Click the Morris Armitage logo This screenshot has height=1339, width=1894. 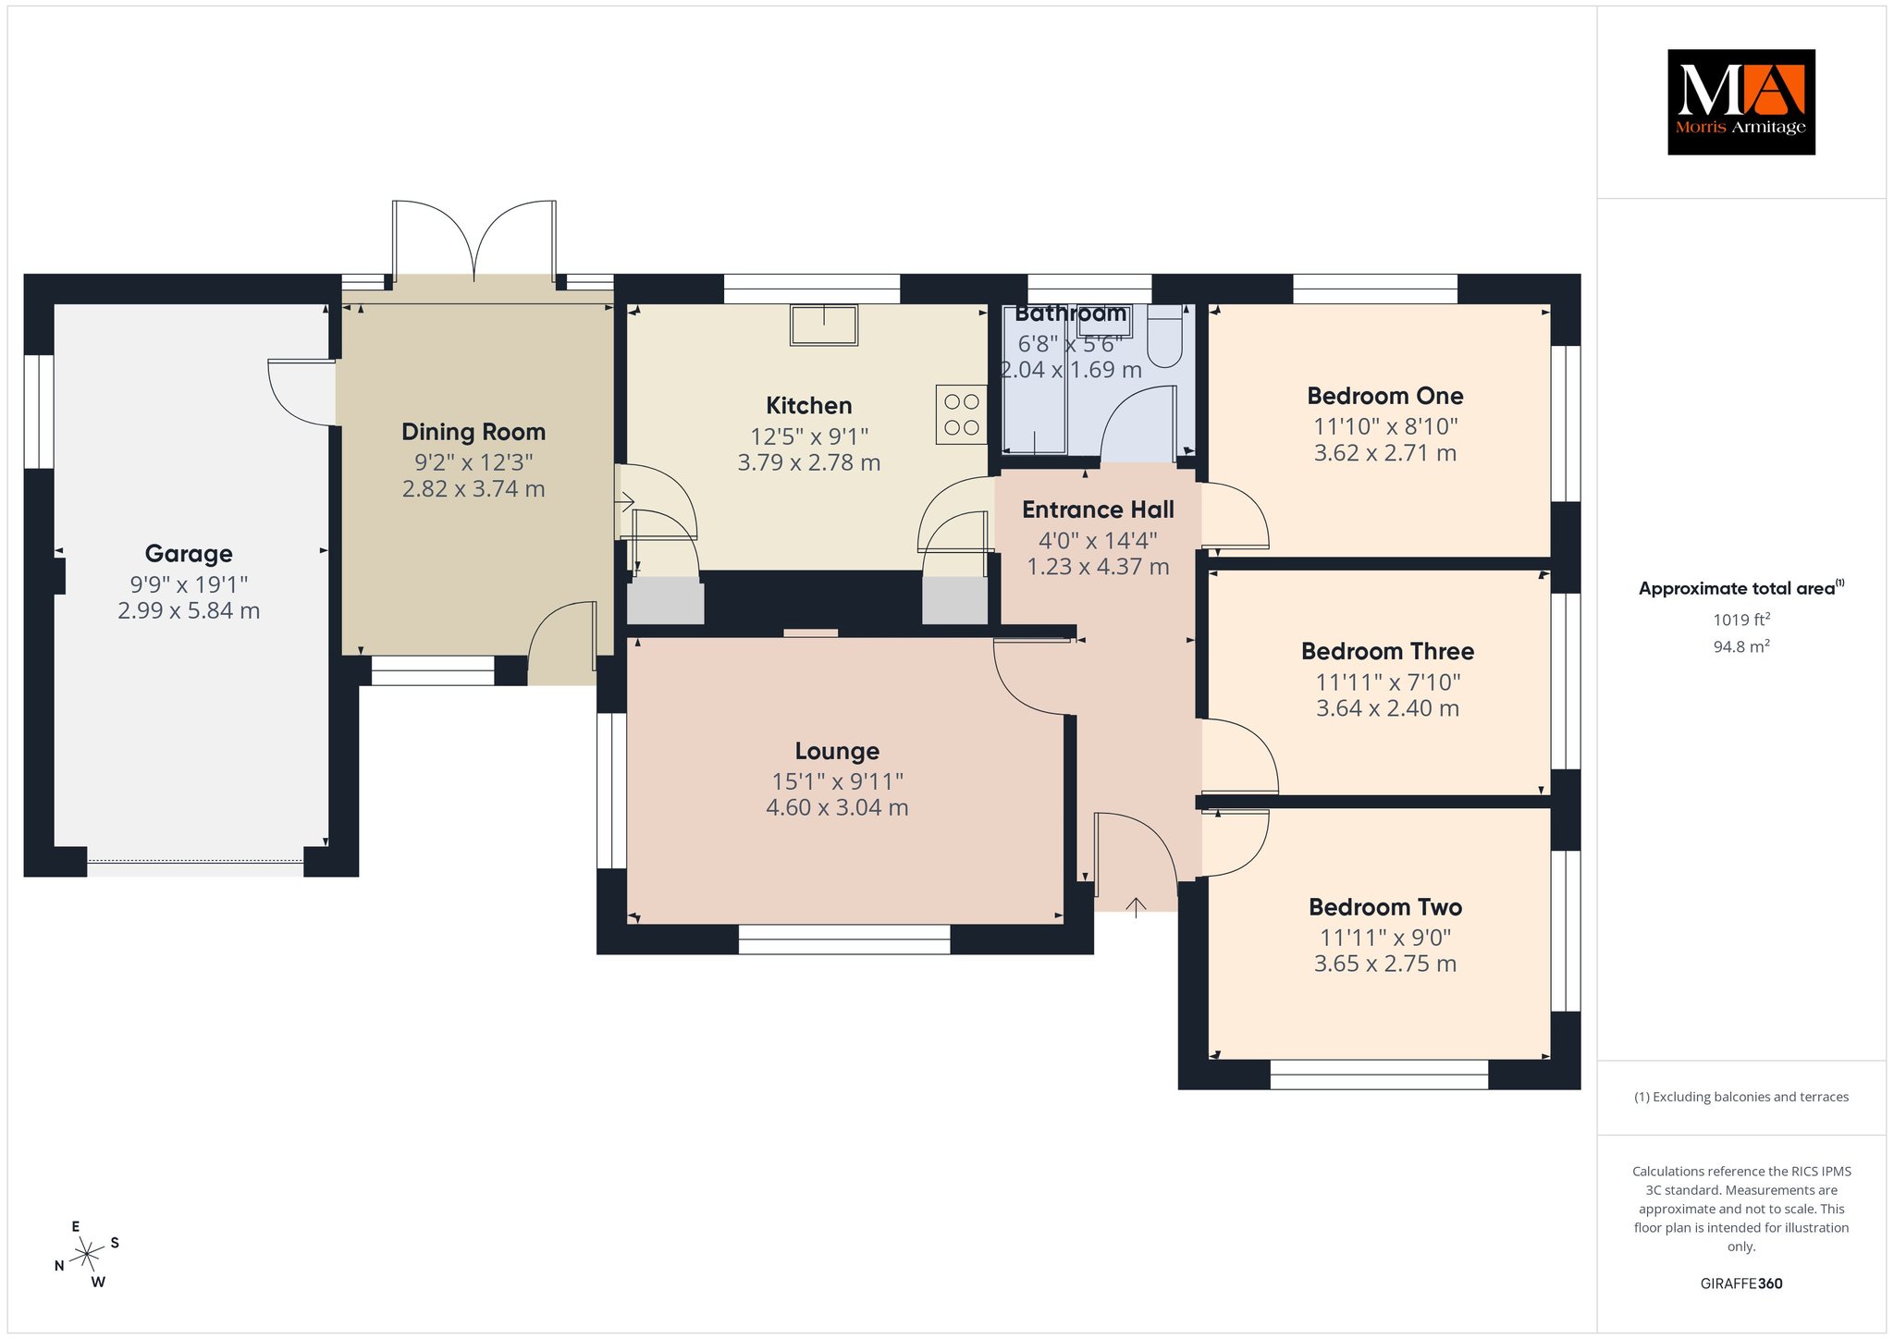pos(1740,102)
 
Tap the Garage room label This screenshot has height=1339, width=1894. pos(189,554)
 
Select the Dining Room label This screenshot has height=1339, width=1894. pos(473,432)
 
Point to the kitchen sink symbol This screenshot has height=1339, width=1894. pos(823,325)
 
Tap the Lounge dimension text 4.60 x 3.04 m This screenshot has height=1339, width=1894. pos(837,807)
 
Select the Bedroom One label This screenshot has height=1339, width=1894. pos(1384,396)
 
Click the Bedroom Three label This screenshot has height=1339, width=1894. pos(1387,651)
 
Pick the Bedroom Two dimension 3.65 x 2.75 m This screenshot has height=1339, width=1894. pos(1385,964)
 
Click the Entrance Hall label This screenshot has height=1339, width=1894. pos(1098,510)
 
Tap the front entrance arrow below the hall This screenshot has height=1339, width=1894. pos(1136,906)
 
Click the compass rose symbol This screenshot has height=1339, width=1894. pos(88,1254)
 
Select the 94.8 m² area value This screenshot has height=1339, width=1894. pos(1741,646)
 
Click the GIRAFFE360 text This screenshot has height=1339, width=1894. pos(1741,1284)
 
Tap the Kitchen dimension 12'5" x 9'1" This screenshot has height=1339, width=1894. pos(809,436)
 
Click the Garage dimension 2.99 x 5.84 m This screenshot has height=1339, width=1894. pos(189,610)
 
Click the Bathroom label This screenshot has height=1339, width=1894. pos(1071,313)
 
